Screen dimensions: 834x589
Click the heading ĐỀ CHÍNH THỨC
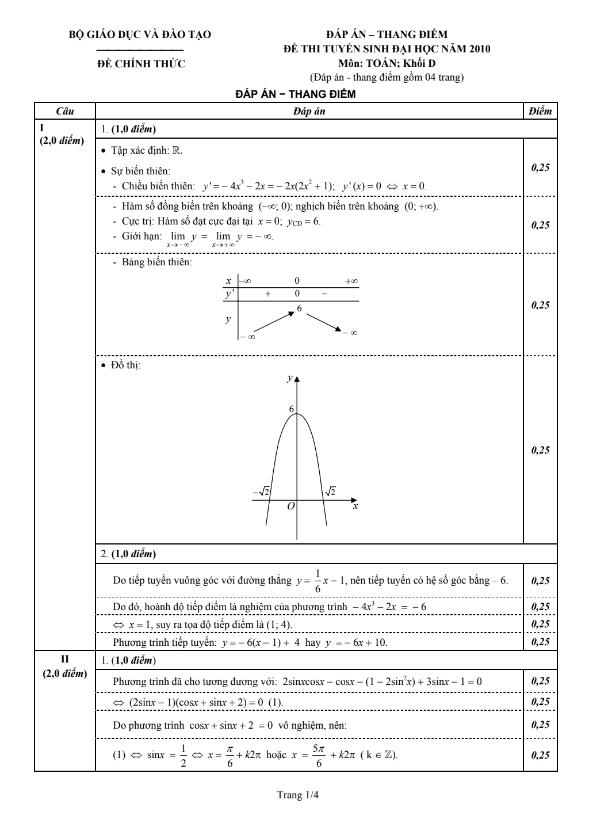tap(140, 64)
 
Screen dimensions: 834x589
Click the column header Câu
tap(64, 111)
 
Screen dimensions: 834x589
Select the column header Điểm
tap(540, 111)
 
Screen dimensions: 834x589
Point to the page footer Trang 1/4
tap(298, 795)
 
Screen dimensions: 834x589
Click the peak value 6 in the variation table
tap(299, 309)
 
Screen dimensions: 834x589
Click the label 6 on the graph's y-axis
tap(291, 409)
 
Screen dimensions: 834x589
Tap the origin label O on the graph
tap(291, 506)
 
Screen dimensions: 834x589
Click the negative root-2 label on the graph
tap(262, 492)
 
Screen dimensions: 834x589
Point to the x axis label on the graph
tap(355, 506)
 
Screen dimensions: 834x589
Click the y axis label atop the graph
tap(289, 378)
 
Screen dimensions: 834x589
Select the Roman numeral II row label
tap(64, 659)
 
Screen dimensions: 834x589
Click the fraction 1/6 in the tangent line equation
tap(318, 580)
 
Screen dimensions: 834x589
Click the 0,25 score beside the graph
tap(540, 450)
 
